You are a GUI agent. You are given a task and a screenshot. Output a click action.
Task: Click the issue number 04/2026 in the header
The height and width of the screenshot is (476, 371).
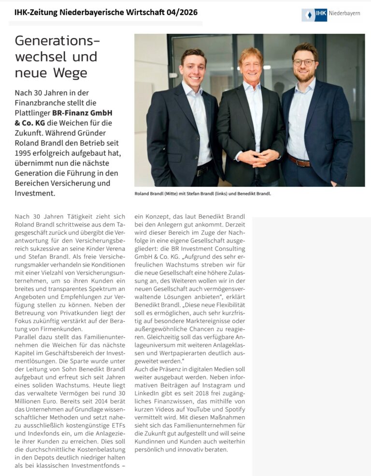[180, 12]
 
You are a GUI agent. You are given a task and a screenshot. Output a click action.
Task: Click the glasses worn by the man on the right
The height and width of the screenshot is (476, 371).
[304, 62]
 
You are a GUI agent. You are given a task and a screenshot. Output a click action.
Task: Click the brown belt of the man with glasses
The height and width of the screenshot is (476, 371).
[299, 160]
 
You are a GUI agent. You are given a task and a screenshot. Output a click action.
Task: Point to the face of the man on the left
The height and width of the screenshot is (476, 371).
[193, 68]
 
